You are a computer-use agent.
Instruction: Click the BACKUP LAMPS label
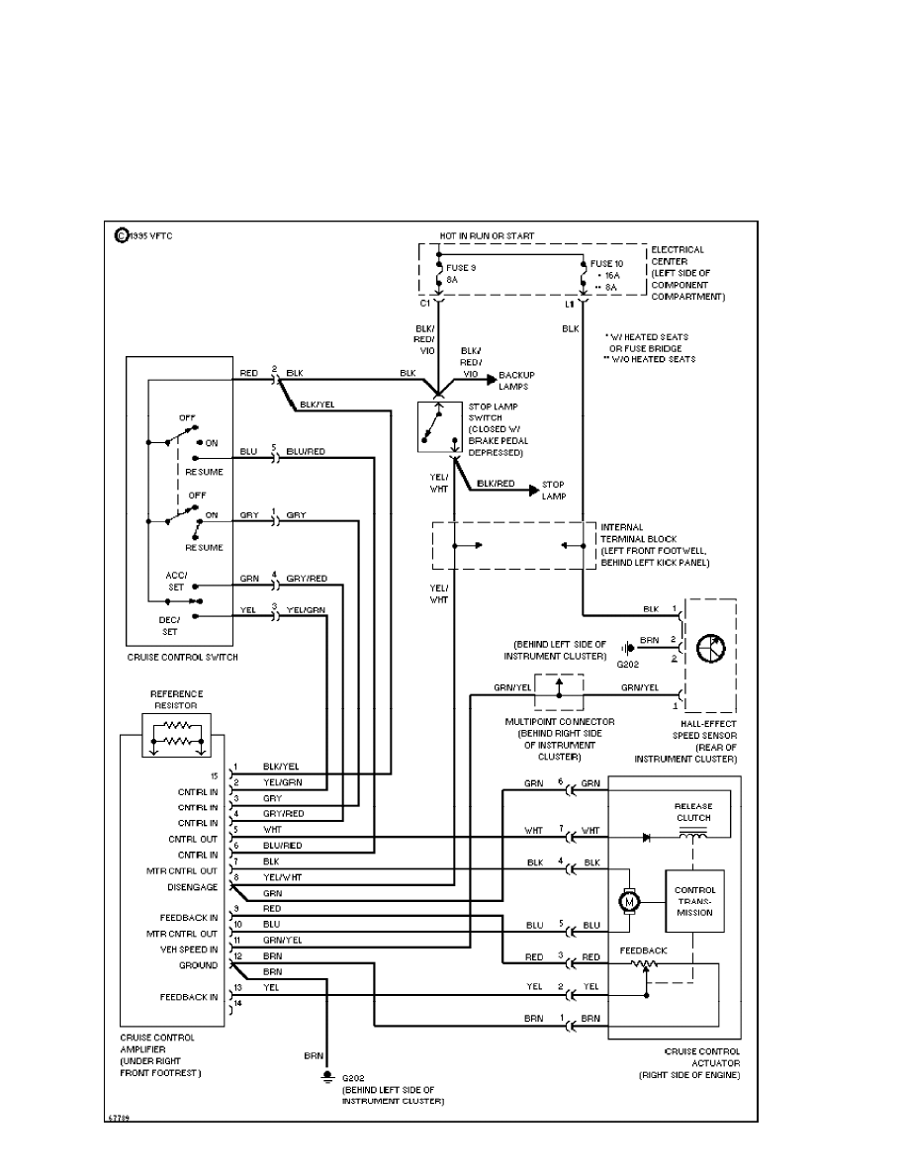(516, 381)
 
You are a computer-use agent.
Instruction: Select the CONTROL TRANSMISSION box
(695, 902)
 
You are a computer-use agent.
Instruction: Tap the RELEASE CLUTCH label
(693, 811)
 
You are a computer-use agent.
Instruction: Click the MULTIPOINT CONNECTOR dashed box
(559, 692)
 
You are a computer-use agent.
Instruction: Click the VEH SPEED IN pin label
(188, 949)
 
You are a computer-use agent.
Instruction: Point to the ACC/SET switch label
(176, 579)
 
